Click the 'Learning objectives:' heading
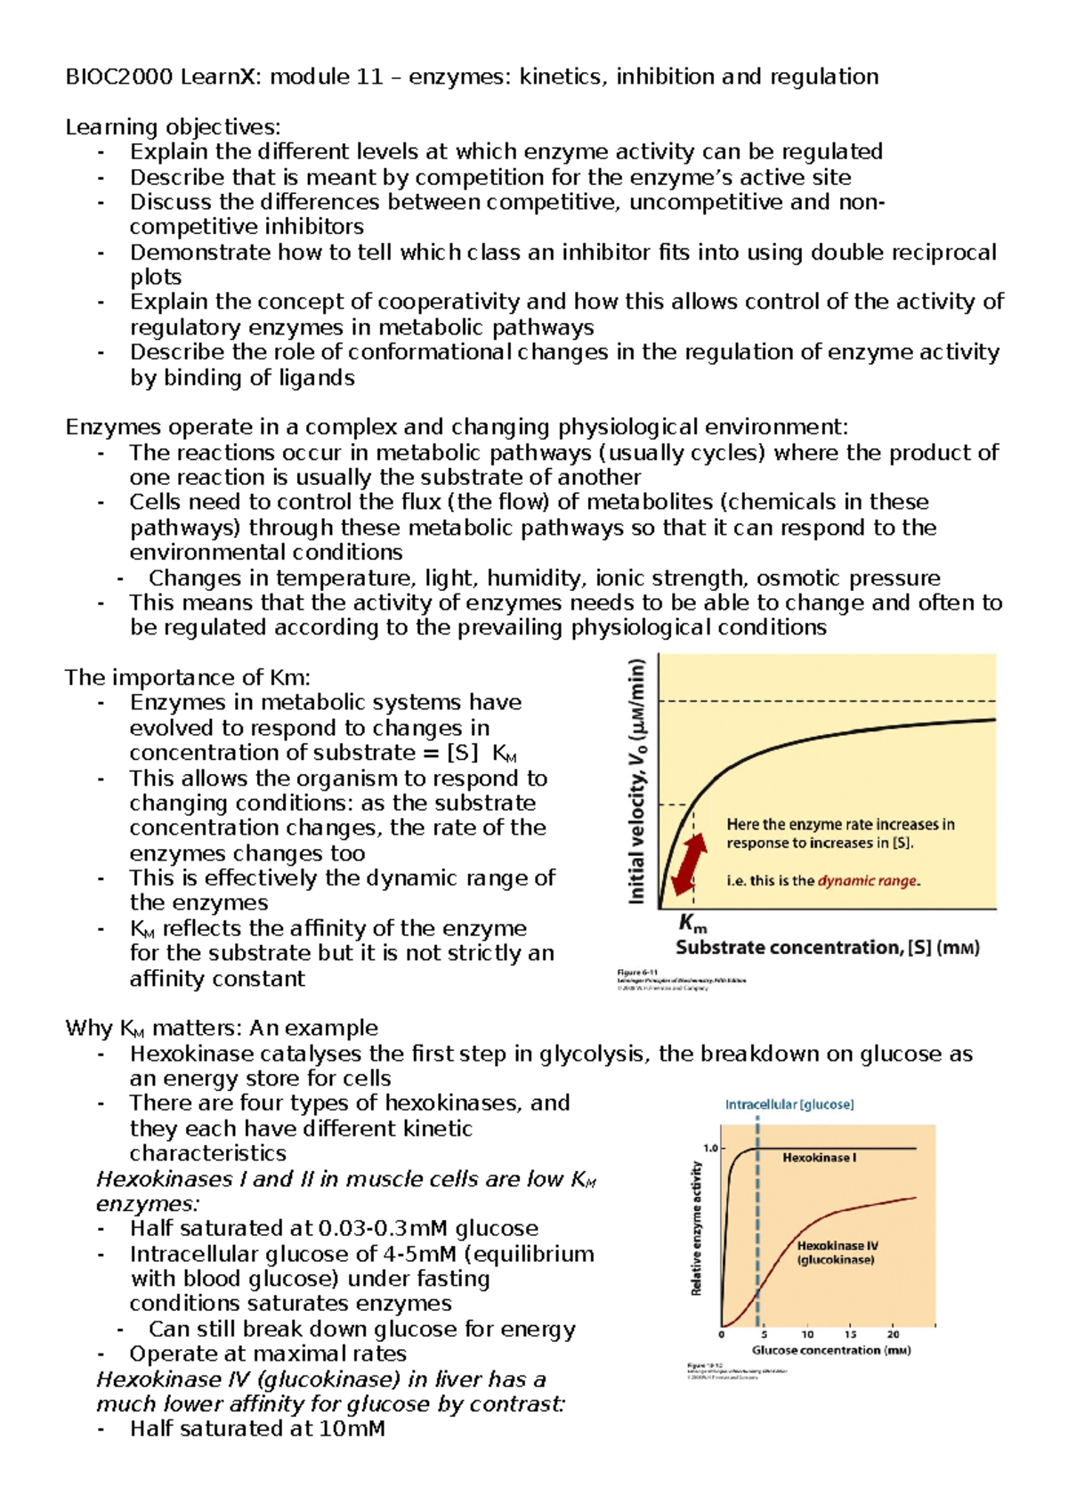(173, 127)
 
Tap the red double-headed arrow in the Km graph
(689, 862)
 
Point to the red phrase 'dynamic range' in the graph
(868, 881)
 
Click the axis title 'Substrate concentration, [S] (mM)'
(827, 948)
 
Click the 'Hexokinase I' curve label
(819, 1158)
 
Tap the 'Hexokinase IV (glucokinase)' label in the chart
(837, 1253)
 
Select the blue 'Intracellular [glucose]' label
(789, 1104)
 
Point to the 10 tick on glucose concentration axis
(807, 1334)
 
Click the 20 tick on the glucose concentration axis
(893, 1334)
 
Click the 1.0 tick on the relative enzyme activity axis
(710, 1148)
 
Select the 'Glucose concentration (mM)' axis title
(830, 1350)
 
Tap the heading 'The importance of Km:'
(187, 677)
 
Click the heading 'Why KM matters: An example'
(221, 1028)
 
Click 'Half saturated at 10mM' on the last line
(257, 1429)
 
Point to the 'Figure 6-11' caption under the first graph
(637, 972)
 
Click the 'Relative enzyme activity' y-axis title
(696, 1228)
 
